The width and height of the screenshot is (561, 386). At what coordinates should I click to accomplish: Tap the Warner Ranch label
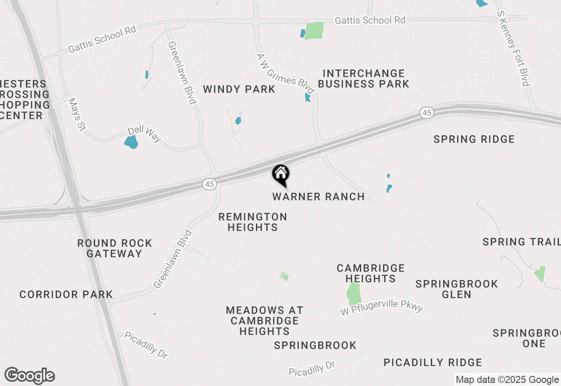(x=318, y=197)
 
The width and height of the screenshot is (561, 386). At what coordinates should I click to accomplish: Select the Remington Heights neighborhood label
(x=253, y=222)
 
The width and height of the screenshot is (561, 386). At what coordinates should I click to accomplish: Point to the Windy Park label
(x=239, y=89)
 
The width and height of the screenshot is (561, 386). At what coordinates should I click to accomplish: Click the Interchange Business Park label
(x=363, y=79)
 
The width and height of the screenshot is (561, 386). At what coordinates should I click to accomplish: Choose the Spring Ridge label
(x=474, y=139)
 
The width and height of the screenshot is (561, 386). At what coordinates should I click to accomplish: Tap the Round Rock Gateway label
(x=114, y=248)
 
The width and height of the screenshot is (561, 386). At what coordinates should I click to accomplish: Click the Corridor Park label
(x=66, y=294)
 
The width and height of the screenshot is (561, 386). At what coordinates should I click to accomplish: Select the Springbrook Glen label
(x=457, y=289)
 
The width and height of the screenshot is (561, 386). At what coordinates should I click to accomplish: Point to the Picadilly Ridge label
(x=433, y=363)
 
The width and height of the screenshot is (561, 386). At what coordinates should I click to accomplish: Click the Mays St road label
(x=76, y=114)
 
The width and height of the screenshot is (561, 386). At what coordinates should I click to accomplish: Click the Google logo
(x=29, y=375)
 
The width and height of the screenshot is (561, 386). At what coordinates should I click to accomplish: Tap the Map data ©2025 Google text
(x=507, y=380)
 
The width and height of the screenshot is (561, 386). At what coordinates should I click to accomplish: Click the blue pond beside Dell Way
(x=131, y=142)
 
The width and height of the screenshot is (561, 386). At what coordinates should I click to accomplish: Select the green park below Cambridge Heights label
(x=354, y=294)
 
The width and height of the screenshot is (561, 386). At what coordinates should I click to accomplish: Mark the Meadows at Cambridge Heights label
(x=264, y=321)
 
